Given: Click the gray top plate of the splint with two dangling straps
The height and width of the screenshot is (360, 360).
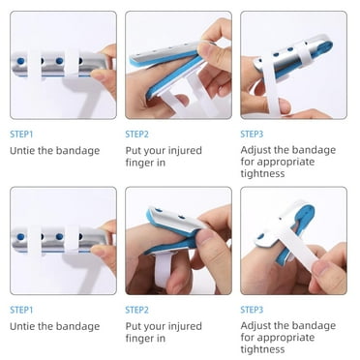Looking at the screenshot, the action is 167,51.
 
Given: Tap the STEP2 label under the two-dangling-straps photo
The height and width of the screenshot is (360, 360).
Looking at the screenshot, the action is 137,135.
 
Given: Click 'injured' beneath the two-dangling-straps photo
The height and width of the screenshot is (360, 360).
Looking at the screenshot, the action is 186,151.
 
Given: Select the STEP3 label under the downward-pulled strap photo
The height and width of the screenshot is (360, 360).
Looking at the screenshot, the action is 252,134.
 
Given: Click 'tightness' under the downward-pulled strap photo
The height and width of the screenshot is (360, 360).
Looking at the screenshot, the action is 262,173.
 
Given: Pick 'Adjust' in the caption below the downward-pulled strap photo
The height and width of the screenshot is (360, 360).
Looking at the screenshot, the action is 255,150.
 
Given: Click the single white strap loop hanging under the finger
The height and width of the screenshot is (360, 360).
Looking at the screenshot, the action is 164,268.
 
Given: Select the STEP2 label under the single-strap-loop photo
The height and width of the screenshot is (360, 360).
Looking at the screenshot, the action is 137,310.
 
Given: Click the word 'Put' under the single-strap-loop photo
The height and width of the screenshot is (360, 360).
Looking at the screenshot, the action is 134,326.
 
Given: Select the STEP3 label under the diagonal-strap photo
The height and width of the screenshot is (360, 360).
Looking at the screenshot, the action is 252,310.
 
